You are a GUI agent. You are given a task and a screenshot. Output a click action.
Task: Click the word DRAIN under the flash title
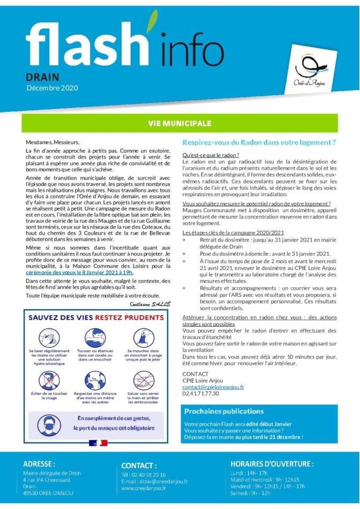click(43, 77)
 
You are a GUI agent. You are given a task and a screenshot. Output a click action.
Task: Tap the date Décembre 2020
click(52, 87)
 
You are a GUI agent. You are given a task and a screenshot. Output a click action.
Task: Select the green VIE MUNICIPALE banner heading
click(179, 124)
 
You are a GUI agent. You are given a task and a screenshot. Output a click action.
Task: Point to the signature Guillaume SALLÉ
click(150, 303)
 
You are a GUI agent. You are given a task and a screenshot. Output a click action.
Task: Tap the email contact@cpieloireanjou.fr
click(213, 386)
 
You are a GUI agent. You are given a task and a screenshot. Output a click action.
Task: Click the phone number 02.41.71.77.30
click(201, 393)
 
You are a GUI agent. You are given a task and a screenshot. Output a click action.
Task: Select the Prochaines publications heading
click(224, 411)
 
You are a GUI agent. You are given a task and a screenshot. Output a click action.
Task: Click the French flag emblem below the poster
click(99, 443)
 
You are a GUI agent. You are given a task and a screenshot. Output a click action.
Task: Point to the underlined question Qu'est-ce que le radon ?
click(203, 155)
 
